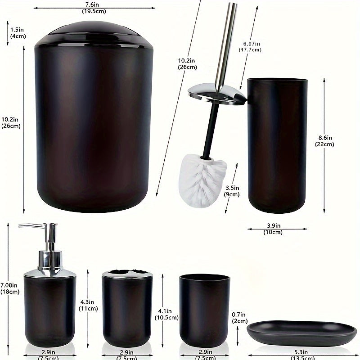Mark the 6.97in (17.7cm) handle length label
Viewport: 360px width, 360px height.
[252, 46]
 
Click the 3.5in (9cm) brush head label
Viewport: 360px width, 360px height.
[233, 191]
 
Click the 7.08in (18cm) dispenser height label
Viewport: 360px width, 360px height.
[9, 288]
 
